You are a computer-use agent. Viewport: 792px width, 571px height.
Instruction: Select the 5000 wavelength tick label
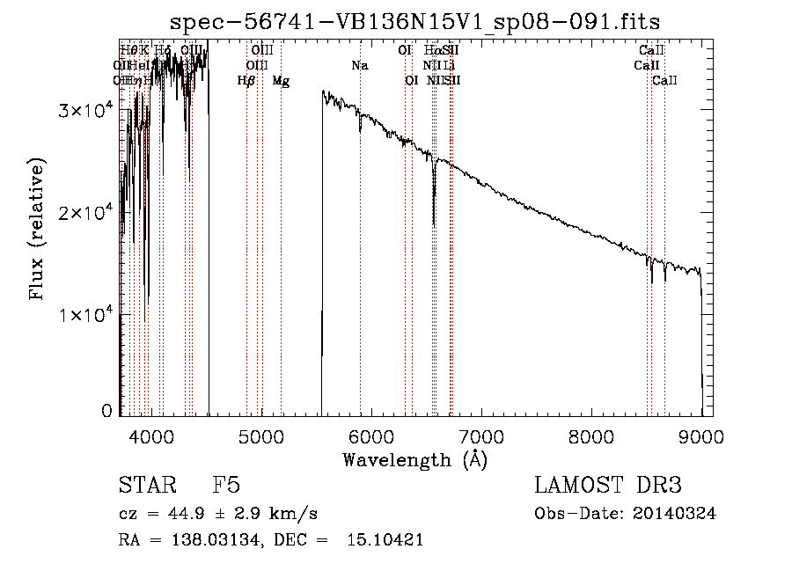261,436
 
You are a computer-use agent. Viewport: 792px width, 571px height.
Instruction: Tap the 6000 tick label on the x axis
371,436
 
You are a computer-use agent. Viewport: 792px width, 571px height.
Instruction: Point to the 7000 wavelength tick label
481,436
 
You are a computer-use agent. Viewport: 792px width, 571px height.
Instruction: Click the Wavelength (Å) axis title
414,459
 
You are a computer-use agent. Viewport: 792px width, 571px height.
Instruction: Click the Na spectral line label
359,65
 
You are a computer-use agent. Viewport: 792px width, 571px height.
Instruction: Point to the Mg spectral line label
281,81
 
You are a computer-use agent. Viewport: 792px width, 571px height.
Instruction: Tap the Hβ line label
246,81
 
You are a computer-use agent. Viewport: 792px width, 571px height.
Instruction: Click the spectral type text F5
226,487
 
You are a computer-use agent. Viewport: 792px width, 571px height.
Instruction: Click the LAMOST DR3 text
607,487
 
